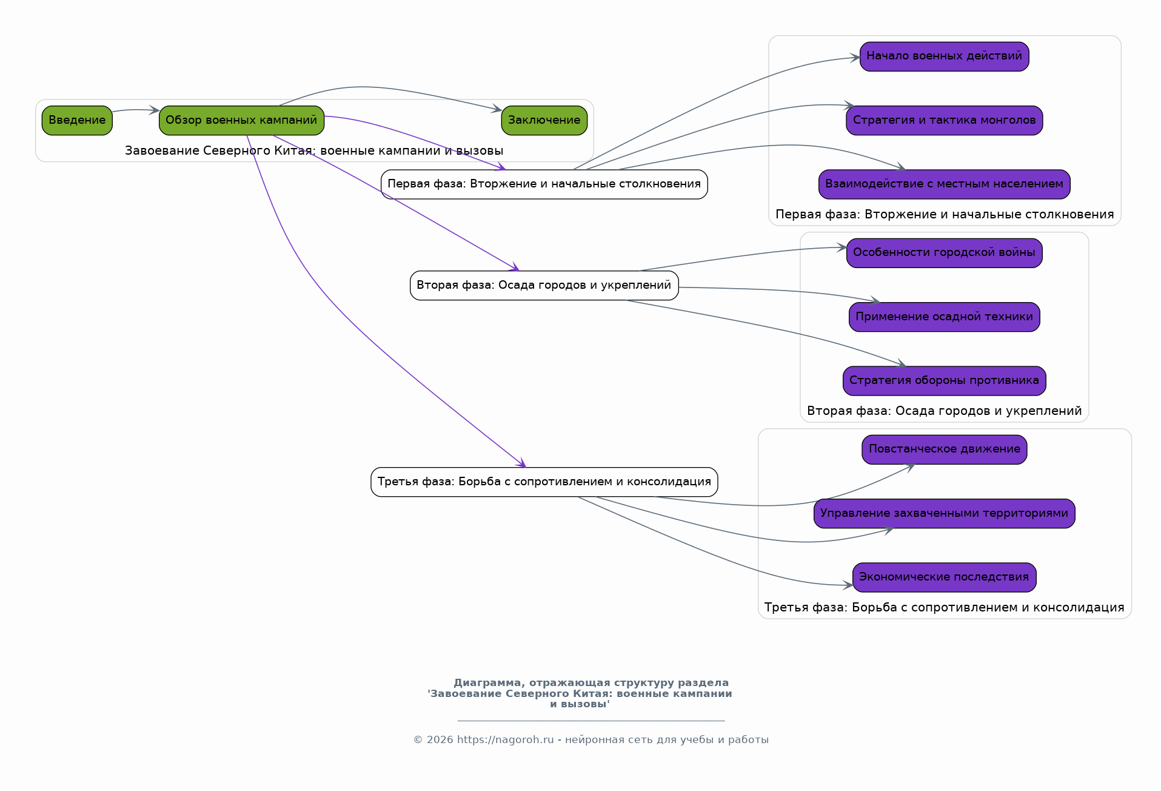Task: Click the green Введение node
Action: pos(77,120)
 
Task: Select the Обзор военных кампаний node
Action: pos(241,120)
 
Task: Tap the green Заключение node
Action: pos(544,120)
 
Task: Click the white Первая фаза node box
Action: pos(544,184)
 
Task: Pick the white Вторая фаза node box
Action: pos(544,285)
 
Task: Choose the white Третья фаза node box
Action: pos(544,482)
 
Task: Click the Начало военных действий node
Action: pos(944,56)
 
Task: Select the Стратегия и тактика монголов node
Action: pos(944,120)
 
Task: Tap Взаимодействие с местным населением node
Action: pos(944,184)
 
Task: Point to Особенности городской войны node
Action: pos(944,253)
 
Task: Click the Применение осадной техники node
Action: pos(944,317)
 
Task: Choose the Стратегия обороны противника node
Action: pos(944,381)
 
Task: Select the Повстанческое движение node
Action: pos(944,449)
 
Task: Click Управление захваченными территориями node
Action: pos(944,513)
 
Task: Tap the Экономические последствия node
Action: pos(944,577)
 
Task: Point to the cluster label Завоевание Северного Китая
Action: pos(314,150)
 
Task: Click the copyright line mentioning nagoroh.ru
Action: pos(591,739)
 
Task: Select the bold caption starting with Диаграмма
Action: pos(580,693)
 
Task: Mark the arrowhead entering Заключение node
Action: pos(497,109)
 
